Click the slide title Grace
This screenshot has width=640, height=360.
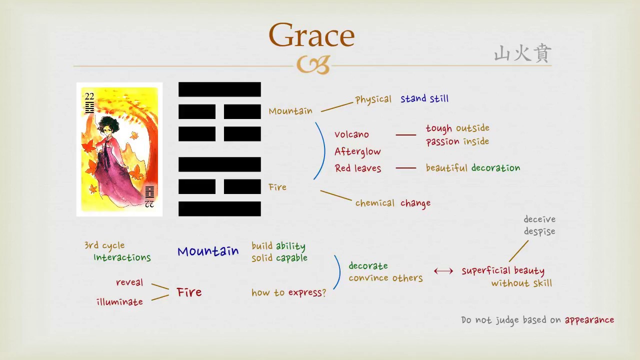click(x=311, y=35)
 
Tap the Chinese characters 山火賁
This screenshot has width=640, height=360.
click(x=522, y=53)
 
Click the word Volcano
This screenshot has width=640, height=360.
click(x=351, y=134)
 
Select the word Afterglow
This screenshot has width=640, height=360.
click(x=357, y=151)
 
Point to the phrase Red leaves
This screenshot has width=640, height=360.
click(x=358, y=168)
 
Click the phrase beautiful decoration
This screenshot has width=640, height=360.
click(x=472, y=168)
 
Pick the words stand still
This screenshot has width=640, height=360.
click(x=424, y=98)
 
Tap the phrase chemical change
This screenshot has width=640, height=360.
click(x=392, y=203)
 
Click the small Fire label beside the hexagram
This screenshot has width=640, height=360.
click(x=277, y=187)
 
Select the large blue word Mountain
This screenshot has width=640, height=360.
click(x=208, y=251)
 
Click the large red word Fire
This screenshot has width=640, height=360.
click(x=189, y=292)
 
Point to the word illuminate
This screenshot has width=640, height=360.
click(x=119, y=302)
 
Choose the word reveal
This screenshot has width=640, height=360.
click(x=129, y=282)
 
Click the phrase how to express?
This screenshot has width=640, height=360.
click(x=288, y=293)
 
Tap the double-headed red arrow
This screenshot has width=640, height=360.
click(x=443, y=271)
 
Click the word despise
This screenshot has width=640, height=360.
click(x=539, y=231)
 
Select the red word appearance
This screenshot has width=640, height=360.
click(x=589, y=320)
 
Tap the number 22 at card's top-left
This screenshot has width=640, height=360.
click(x=89, y=96)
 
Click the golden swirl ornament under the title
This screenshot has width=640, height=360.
click(x=313, y=65)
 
